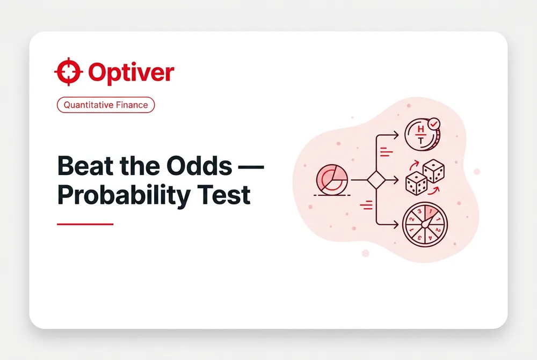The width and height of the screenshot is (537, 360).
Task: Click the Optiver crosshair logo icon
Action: [69, 71]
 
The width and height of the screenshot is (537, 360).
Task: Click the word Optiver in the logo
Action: [132, 72]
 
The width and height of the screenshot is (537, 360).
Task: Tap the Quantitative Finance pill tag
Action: [106, 105]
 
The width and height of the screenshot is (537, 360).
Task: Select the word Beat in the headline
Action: [85, 166]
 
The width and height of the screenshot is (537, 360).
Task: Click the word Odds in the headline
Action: [200, 166]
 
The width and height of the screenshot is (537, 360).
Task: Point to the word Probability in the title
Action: [124, 196]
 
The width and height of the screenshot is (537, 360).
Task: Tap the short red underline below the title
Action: [85, 224]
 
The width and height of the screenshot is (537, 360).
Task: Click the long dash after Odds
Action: [251, 167]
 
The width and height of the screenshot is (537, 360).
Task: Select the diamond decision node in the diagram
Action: [376, 180]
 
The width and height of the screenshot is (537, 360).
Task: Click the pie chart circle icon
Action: [332, 180]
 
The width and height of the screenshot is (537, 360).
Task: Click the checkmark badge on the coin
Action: [434, 124]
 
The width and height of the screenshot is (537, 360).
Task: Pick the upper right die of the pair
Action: [433, 171]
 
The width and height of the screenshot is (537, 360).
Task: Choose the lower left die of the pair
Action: [416, 183]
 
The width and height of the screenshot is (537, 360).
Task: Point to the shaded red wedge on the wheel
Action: [431, 214]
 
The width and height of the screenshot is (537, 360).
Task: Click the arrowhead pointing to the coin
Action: [396, 135]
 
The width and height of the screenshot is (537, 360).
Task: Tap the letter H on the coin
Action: [421, 129]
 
